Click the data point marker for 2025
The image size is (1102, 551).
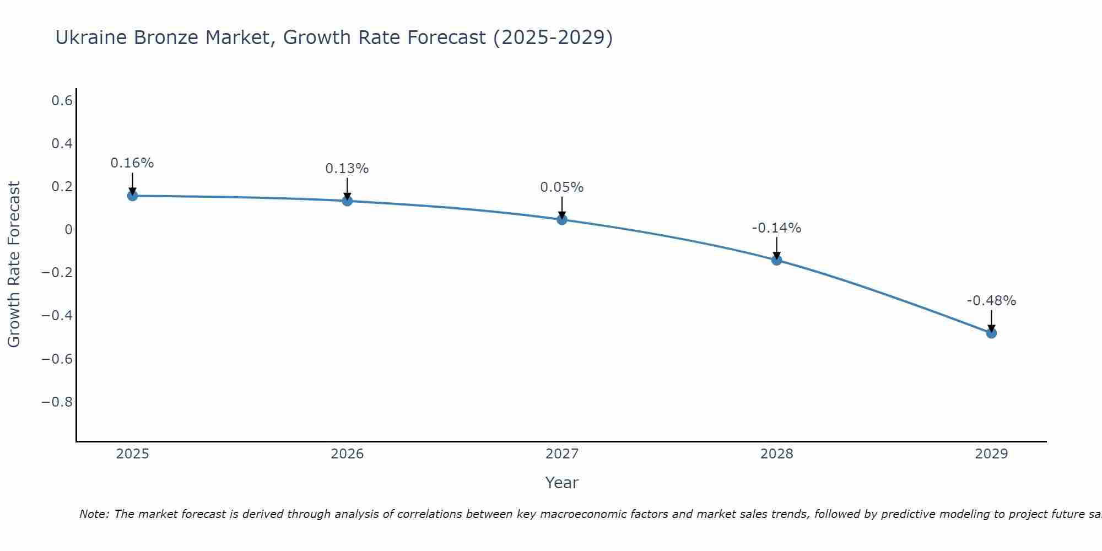(x=132, y=196)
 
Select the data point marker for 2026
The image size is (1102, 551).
(x=347, y=201)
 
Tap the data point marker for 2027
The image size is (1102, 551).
(x=562, y=219)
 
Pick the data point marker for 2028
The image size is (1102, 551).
(x=777, y=260)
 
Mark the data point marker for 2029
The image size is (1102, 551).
(x=991, y=333)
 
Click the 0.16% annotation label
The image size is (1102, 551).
(x=132, y=163)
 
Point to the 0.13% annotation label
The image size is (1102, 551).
(x=347, y=169)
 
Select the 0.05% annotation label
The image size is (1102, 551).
(x=562, y=187)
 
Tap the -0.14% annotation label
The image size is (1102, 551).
(x=777, y=228)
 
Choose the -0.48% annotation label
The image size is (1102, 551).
(x=991, y=301)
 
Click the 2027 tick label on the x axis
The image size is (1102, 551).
(x=562, y=454)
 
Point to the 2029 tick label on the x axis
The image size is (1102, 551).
(x=991, y=454)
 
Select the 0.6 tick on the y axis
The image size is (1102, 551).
(x=62, y=100)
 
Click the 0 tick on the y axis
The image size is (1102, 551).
(x=68, y=229)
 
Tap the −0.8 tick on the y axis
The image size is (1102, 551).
(x=57, y=402)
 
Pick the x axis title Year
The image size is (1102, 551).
(x=562, y=483)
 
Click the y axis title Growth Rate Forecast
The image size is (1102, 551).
(x=14, y=264)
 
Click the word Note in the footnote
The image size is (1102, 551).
(x=94, y=514)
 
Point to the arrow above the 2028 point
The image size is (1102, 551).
(x=777, y=248)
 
